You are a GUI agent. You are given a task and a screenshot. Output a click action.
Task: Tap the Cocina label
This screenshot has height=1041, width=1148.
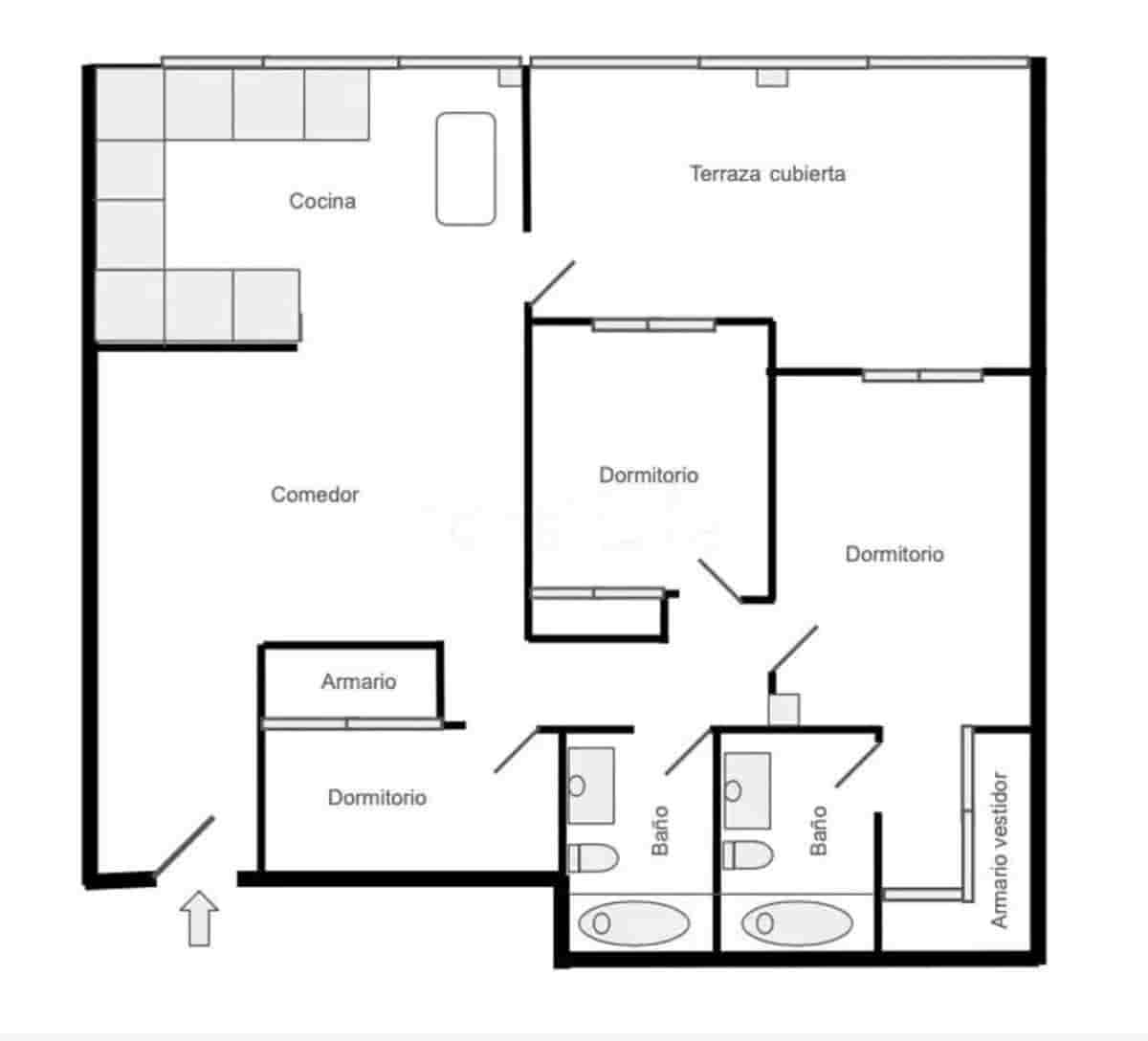[322, 201]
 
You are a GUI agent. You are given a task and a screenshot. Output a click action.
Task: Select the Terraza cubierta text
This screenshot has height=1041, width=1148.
[767, 174]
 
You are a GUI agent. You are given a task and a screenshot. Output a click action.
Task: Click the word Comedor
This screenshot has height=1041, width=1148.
[315, 495]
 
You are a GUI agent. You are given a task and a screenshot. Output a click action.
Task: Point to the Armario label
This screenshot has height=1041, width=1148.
[358, 682]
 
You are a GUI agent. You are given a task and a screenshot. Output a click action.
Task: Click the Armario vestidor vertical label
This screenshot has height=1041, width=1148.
[1000, 850]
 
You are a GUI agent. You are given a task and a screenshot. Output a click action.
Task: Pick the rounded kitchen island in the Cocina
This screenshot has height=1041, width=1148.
[466, 169]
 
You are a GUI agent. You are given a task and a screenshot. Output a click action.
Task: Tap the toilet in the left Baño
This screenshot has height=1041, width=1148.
[593, 857]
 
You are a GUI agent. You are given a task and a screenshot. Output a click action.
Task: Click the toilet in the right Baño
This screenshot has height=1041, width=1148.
[747, 854]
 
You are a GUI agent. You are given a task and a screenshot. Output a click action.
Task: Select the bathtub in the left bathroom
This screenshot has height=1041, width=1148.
[633, 923]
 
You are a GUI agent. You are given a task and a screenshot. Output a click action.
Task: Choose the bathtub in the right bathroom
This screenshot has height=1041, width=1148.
[797, 923]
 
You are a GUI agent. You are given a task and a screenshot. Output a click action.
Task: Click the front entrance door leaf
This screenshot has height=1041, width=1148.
[185, 845]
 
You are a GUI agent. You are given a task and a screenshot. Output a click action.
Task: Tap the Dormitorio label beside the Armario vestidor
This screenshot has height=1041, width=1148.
[894, 554]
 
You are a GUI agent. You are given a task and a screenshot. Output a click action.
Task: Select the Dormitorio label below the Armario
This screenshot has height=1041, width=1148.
[377, 798]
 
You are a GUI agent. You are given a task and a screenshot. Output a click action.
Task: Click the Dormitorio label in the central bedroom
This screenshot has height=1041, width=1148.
[649, 476]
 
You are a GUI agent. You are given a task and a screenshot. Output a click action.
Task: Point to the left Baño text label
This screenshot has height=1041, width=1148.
[660, 831]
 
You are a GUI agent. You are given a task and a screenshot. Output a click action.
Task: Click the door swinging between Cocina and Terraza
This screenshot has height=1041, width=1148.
[550, 284]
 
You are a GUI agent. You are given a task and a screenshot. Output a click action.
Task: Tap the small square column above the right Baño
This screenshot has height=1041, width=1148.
[784, 709]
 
